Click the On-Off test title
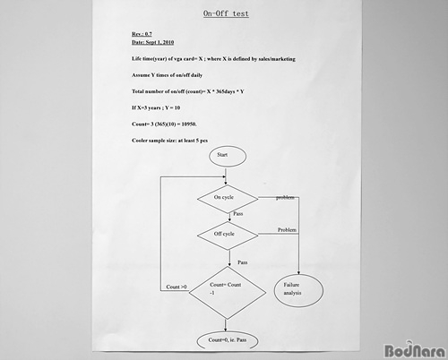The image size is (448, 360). pyautogui.click(x=226, y=13)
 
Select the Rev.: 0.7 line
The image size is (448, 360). pyautogui.click(x=142, y=34)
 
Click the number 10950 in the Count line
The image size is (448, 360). pyautogui.click(x=188, y=124)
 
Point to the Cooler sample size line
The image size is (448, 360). pyautogui.click(x=169, y=141)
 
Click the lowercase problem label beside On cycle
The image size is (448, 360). pyautogui.click(x=285, y=198)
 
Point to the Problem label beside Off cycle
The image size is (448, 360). pyautogui.click(x=287, y=230)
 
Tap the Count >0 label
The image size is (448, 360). pyautogui.click(x=177, y=287)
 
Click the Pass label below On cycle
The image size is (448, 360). pyautogui.click(x=238, y=214)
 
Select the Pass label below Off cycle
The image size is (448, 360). pyautogui.click(x=243, y=262)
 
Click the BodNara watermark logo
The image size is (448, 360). pyautogui.click(x=415, y=350)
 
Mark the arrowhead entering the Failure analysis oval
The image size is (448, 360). pyautogui.click(x=298, y=272)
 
